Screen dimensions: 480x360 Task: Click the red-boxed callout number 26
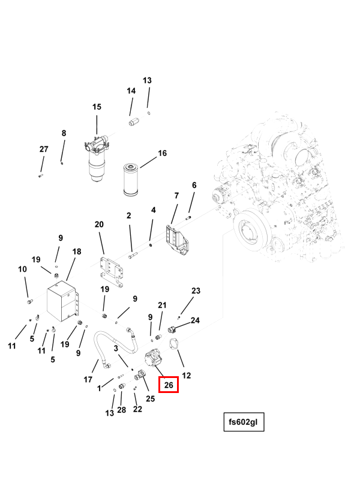click(x=169, y=384)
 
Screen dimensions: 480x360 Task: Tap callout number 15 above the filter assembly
click(x=97, y=107)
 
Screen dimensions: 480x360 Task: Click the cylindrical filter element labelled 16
click(x=131, y=178)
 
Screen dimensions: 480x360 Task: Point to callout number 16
click(x=162, y=154)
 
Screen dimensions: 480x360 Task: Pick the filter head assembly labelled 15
click(x=97, y=157)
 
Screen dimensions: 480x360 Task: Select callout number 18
click(x=77, y=252)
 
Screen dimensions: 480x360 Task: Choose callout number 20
click(x=99, y=224)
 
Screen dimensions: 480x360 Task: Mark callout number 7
click(x=176, y=196)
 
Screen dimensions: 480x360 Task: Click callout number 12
click(x=187, y=376)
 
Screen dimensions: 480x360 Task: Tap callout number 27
click(x=44, y=149)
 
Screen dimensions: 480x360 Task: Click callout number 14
click(x=131, y=91)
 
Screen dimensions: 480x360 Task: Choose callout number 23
click(x=196, y=291)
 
